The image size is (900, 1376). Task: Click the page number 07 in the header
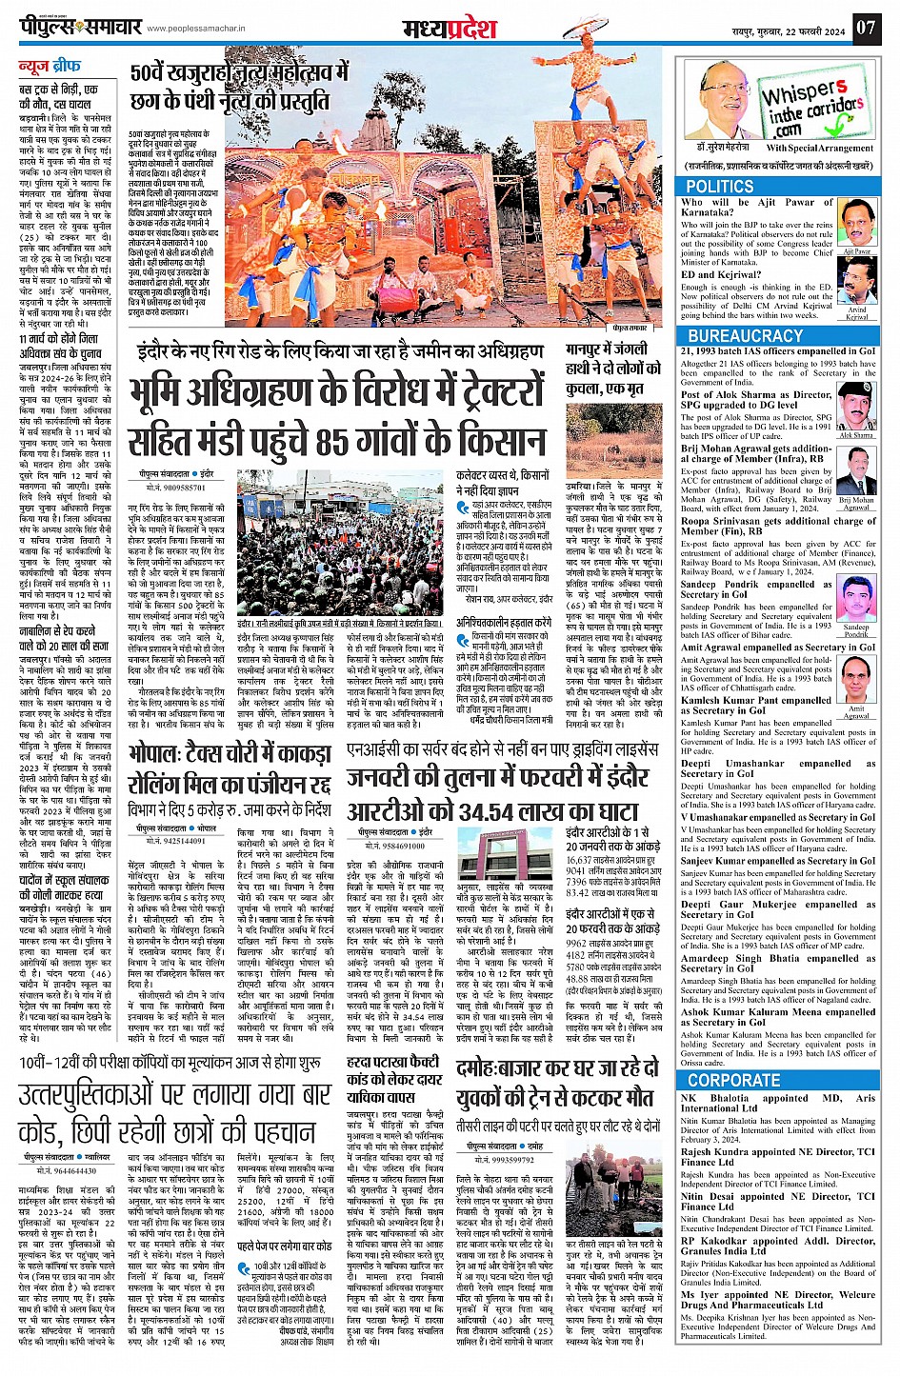click(x=864, y=27)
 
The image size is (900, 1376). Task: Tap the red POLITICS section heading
click(x=720, y=187)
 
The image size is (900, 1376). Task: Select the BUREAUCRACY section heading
click(x=745, y=336)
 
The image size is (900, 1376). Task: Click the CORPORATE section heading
click(x=733, y=1080)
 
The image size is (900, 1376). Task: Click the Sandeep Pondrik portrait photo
click(x=856, y=604)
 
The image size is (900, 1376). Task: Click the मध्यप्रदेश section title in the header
click(x=450, y=28)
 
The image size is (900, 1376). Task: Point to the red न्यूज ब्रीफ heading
click(x=53, y=67)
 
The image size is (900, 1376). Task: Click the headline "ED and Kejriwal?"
click(x=719, y=274)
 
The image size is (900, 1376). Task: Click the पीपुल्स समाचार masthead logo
click(x=80, y=27)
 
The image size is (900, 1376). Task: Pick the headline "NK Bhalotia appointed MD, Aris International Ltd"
click(x=777, y=1103)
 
